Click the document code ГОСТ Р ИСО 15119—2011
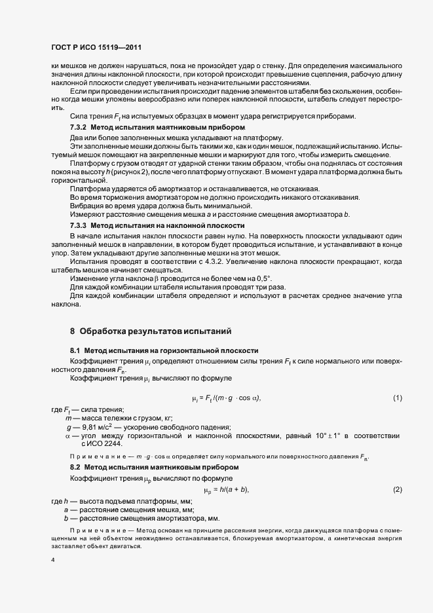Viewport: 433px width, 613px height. click(96, 48)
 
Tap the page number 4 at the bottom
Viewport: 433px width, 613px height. click(52, 560)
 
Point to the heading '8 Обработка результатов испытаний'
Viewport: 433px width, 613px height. click(151, 331)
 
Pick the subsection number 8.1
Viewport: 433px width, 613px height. click(75, 351)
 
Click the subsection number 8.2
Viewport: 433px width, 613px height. click(75, 468)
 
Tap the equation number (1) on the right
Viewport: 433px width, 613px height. click(397, 398)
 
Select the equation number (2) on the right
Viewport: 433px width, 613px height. click(397, 490)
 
